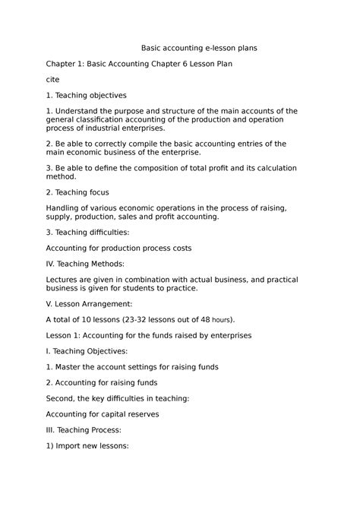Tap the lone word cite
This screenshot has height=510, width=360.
(x=52, y=79)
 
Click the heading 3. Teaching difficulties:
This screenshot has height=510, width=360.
(x=89, y=232)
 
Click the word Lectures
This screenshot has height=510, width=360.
(x=64, y=279)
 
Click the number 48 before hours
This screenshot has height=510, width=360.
(x=204, y=319)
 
